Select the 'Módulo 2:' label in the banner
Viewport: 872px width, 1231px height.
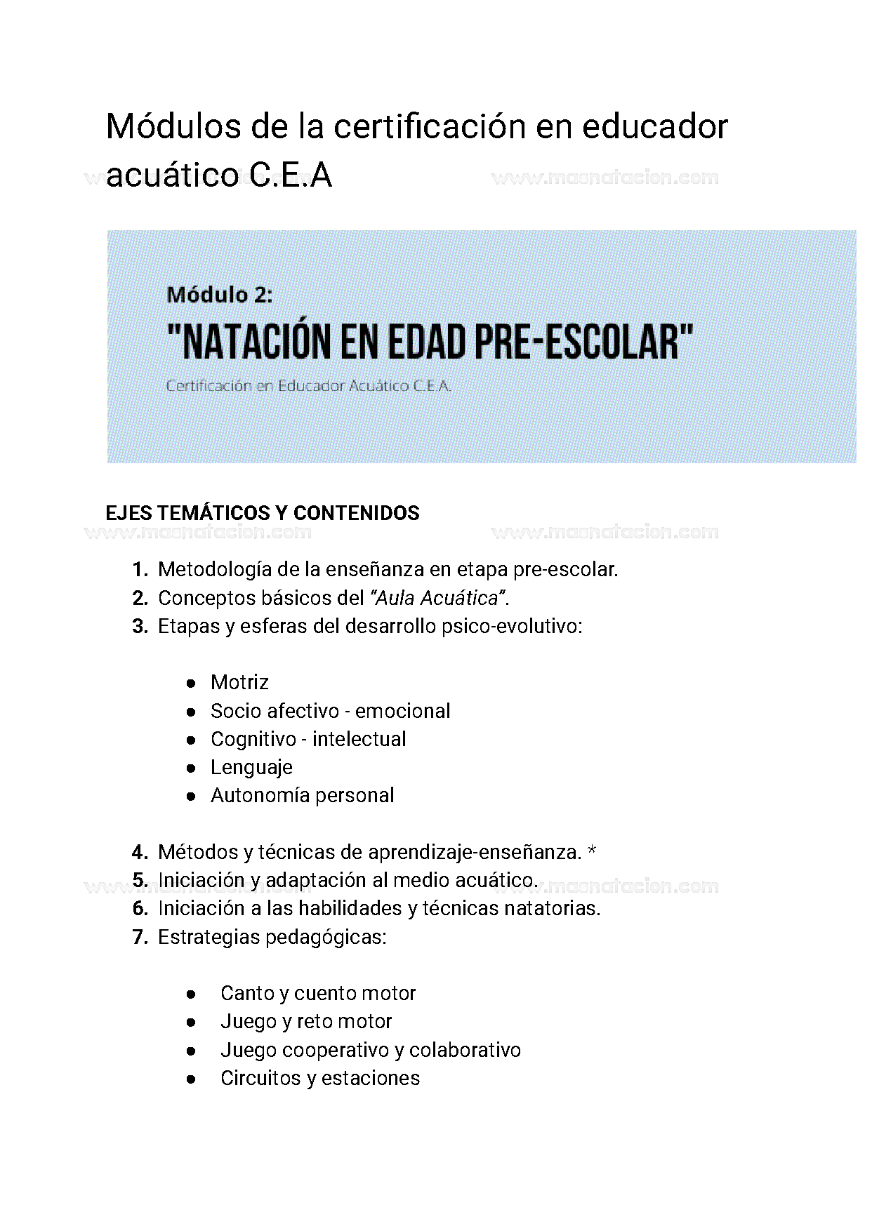[x=219, y=295]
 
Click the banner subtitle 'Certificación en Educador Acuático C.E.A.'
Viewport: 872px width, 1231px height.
[x=308, y=386]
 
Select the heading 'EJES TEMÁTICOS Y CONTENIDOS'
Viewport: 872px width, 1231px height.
[x=262, y=513]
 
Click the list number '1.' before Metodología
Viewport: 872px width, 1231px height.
[x=140, y=570]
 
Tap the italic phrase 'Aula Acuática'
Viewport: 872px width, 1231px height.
[x=437, y=598]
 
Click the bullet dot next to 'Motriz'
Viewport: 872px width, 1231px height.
[x=190, y=683]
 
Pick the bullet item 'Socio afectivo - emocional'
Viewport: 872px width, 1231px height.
[x=330, y=711]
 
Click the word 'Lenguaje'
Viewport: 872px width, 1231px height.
[x=251, y=767]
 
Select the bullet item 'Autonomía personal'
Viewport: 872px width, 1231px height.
[x=302, y=795]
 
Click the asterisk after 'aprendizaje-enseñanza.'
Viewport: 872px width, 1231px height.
[x=592, y=851]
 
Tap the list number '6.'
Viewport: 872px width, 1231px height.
[x=140, y=908]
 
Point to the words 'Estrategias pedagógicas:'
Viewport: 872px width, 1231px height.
[x=272, y=937]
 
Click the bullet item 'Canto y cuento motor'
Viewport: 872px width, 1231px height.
[x=317, y=993]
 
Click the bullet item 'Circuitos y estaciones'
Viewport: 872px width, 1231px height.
[x=319, y=1078]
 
